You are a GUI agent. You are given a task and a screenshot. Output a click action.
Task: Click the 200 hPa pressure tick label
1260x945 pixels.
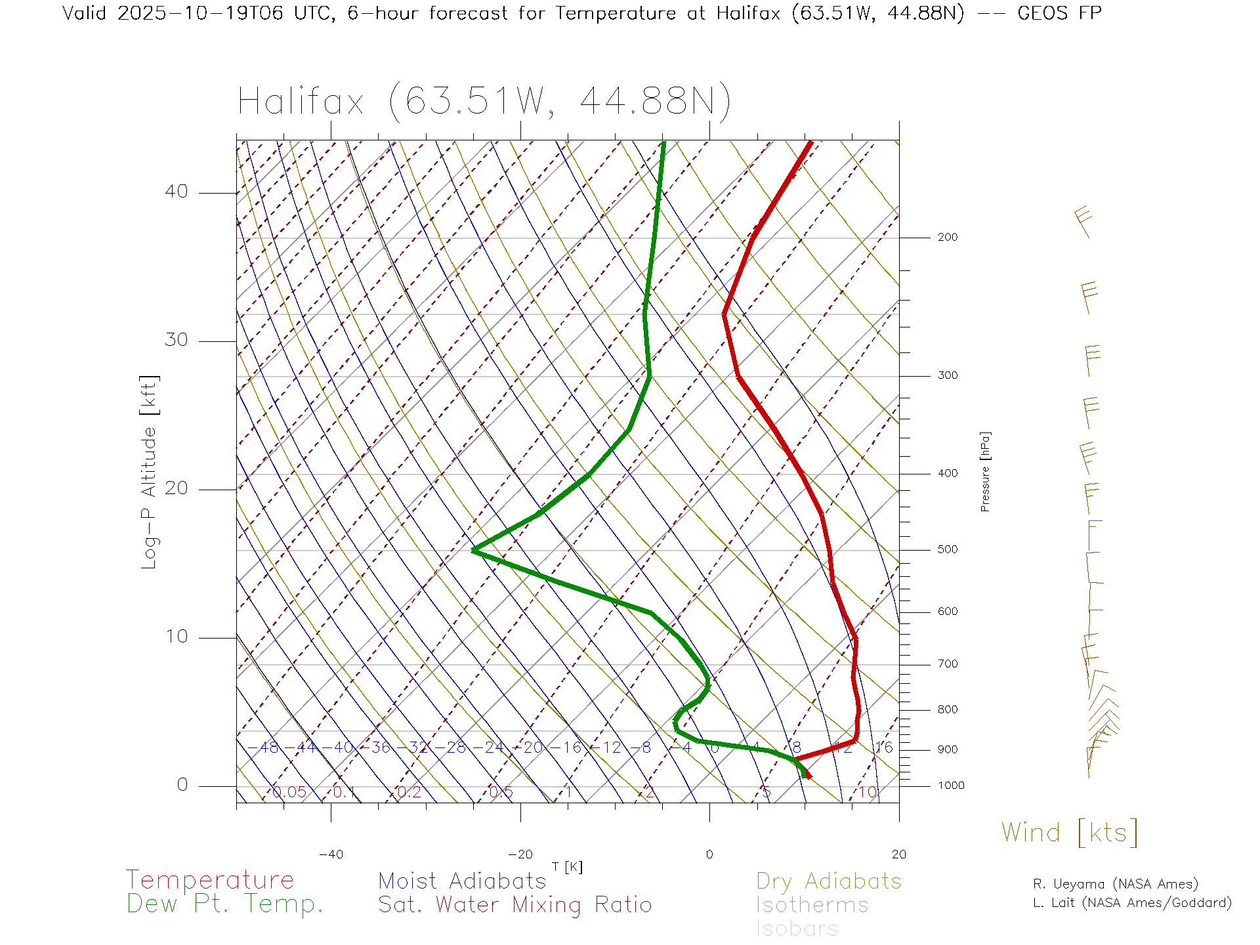point(947,238)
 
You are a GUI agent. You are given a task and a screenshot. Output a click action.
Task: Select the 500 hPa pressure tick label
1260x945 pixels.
point(947,550)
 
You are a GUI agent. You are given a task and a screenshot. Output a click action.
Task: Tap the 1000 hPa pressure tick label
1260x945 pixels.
point(950,786)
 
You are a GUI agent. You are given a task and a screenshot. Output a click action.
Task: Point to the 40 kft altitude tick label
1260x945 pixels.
point(176,192)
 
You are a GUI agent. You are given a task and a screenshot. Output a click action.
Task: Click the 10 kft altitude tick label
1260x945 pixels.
point(176,637)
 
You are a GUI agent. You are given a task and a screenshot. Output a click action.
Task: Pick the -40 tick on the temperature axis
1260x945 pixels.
point(331,854)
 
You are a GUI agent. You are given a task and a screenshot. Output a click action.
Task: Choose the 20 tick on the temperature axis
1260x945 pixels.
point(898,854)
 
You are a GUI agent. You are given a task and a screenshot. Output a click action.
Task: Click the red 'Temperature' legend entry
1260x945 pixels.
point(210,880)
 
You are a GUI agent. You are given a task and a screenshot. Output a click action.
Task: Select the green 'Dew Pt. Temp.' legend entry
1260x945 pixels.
point(225,904)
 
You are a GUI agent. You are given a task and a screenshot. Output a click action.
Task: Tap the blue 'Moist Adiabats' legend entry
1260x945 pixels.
point(462,881)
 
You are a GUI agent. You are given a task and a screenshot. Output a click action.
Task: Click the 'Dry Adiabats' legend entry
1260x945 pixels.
point(828,881)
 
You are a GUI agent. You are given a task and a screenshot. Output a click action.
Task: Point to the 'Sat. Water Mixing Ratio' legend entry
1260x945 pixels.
point(514,905)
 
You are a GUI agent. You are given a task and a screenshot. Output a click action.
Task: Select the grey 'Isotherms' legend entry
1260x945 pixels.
point(812,905)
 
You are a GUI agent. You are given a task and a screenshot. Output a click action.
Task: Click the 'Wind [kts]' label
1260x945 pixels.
point(1070,832)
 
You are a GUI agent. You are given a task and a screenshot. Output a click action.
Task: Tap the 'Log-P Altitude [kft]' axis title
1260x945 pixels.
point(150,472)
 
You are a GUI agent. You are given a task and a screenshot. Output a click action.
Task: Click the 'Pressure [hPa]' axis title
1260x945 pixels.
point(985,472)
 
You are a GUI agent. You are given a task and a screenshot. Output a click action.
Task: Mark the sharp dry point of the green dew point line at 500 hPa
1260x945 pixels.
point(473,550)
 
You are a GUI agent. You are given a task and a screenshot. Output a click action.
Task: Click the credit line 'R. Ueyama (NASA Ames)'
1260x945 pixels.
point(1116,884)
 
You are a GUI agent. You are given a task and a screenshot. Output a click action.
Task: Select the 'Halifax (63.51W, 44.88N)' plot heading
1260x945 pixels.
point(484,102)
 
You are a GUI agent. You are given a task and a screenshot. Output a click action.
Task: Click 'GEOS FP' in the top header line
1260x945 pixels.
point(1059,13)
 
